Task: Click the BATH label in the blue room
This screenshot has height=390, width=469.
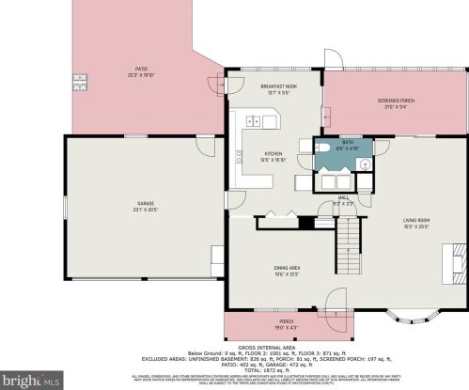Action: (x=347, y=144)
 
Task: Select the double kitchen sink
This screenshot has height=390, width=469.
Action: (x=255, y=120)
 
